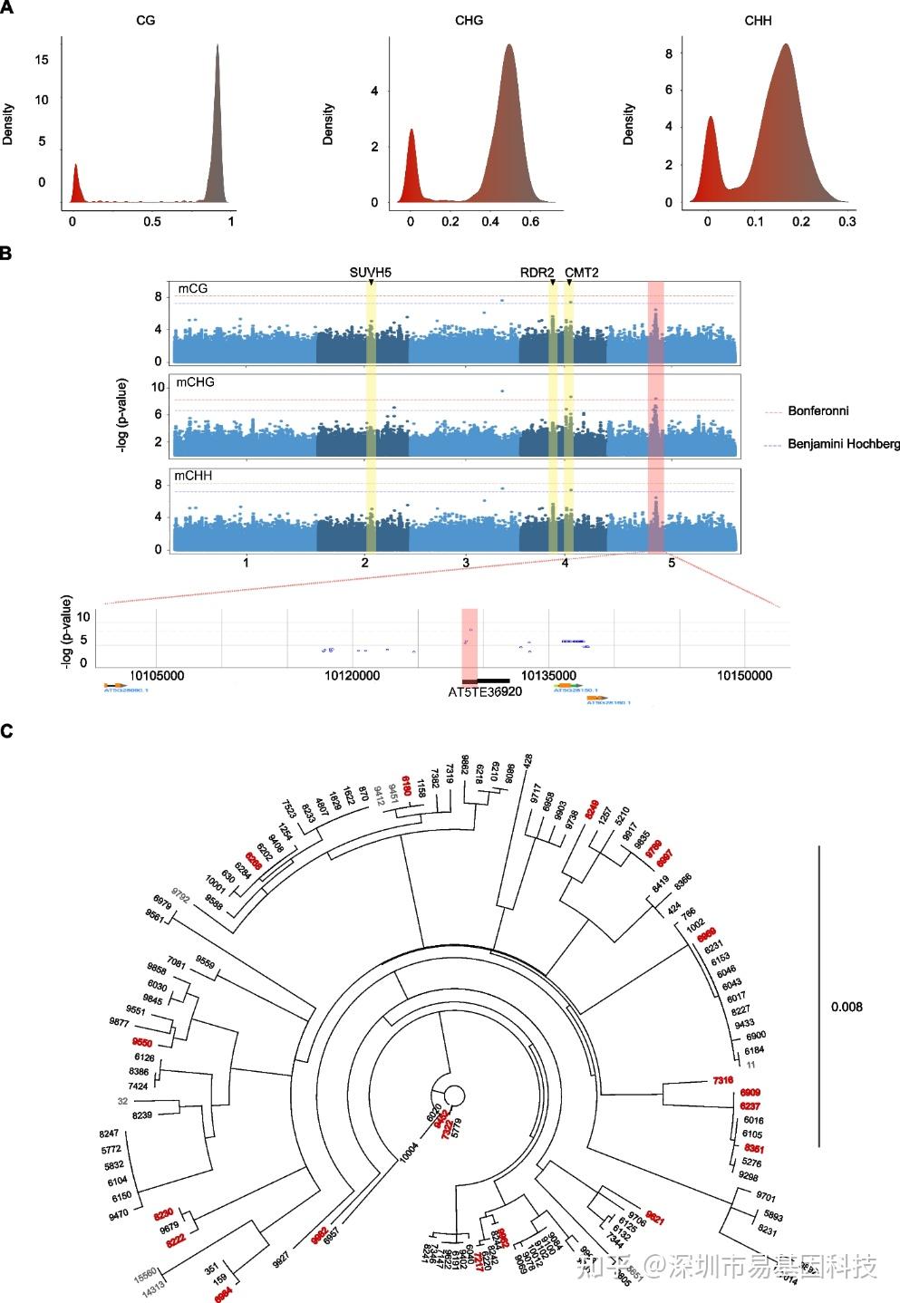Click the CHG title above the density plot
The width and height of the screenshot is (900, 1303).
click(x=469, y=20)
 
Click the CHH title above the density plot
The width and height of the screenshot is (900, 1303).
click(x=758, y=20)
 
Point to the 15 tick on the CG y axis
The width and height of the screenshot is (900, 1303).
click(x=42, y=60)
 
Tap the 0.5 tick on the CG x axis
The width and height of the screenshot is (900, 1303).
click(x=151, y=221)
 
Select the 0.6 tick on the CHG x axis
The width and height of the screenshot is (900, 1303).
click(x=530, y=221)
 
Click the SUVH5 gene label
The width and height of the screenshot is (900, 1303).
click(x=371, y=272)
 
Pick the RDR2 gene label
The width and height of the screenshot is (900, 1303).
click(x=537, y=272)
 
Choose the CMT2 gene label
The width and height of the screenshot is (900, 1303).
click(x=582, y=272)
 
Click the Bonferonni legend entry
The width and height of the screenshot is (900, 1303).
click(x=818, y=411)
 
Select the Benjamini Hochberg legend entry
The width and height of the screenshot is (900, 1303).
click(x=843, y=444)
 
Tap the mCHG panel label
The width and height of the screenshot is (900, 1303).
click(x=195, y=382)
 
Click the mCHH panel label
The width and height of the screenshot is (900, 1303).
click(x=195, y=476)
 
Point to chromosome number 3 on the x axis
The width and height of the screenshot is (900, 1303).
click(x=466, y=563)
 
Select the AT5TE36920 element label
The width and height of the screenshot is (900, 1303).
click(x=485, y=692)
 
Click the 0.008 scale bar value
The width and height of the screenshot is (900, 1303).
click(x=847, y=1007)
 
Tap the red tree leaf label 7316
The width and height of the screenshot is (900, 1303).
click(x=722, y=1080)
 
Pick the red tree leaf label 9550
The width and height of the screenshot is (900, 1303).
click(x=141, y=1043)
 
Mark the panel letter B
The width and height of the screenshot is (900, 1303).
click(x=6, y=254)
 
